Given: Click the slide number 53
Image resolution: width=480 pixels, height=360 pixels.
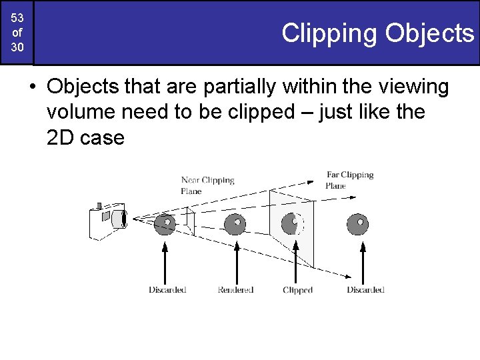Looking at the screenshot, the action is (17, 17).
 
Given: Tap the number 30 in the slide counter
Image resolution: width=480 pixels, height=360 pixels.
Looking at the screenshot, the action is (17, 49).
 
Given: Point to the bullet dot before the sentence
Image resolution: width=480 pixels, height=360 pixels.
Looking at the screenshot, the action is (32, 87).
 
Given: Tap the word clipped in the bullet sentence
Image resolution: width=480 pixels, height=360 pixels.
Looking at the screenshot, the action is (274, 112).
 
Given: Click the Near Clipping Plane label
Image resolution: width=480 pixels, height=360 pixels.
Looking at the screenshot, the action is (207, 185).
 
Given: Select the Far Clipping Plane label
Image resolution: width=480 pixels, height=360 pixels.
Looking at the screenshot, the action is (349, 180).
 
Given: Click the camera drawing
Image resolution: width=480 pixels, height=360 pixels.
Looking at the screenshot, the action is (107, 220).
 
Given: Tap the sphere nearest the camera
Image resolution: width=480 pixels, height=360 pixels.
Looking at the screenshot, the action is (165, 224).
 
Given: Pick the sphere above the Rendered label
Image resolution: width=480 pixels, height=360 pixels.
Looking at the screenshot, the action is (235, 224).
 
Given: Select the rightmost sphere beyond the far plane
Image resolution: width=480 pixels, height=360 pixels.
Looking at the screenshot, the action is (359, 224).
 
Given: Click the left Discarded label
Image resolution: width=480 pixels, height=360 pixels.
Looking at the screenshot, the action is (167, 290).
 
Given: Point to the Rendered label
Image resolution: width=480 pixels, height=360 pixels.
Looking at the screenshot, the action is (235, 290).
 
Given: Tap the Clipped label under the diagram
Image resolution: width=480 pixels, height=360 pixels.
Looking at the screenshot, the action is (297, 290).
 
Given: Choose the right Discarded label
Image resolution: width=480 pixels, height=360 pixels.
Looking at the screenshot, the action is (365, 290).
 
